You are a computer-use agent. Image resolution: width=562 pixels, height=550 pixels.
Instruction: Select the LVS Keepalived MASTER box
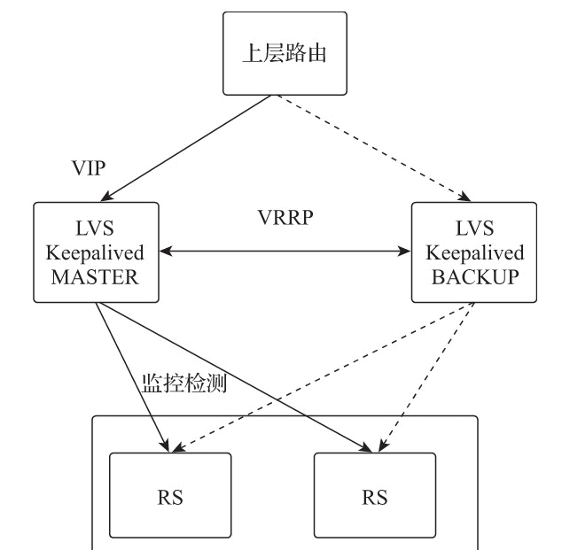click(96, 252)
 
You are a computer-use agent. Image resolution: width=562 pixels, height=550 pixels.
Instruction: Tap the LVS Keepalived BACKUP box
click(474, 252)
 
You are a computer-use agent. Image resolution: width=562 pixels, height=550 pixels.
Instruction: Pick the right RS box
click(375, 495)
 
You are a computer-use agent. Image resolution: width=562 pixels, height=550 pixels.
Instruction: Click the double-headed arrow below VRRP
click(285, 252)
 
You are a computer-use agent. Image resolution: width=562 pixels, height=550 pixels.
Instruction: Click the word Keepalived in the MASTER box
click(96, 252)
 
